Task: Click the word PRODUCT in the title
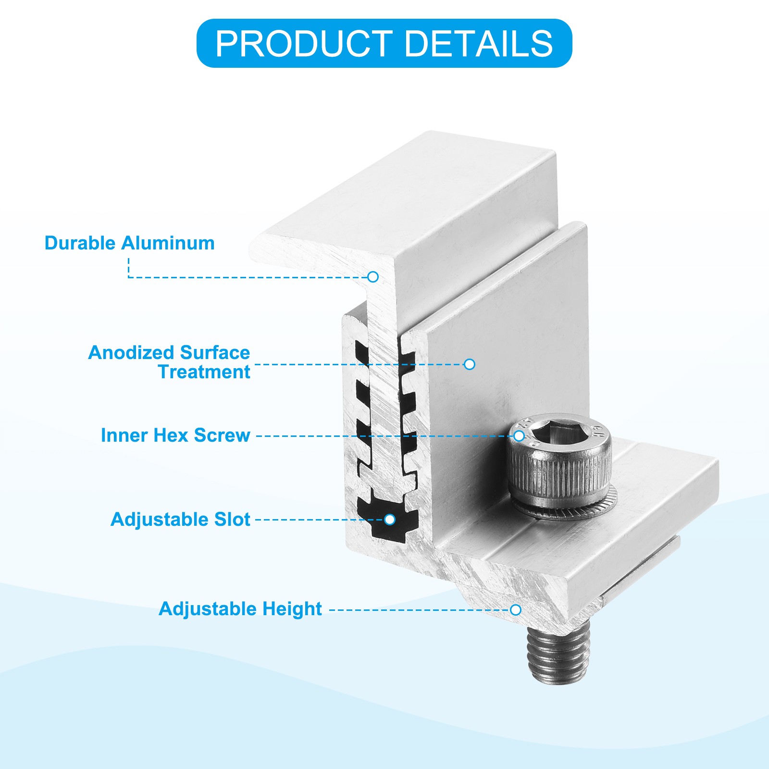pyautogui.click(x=304, y=44)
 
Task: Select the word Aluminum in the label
pyautogui.click(x=168, y=243)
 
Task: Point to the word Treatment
pyautogui.click(x=204, y=372)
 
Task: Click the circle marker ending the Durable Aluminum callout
pyautogui.click(x=373, y=277)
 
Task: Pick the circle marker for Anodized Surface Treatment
pyautogui.click(x=470, y=364)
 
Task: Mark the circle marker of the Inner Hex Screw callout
pyautogui.click(x=519, y=436)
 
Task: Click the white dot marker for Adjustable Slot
pyautogui.click(x=390, y=520)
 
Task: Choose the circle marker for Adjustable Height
pyautogui.click(x=516, y=610)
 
